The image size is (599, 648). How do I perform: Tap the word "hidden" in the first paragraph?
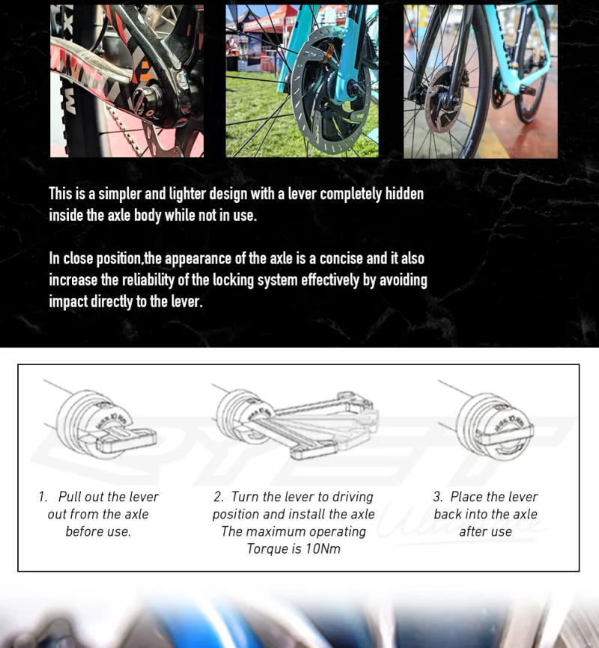coord(404,195)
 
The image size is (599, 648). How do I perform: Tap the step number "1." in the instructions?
coord(44,497)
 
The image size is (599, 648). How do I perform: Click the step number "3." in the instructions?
coord(439,497)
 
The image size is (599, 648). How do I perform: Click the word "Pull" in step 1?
coord(70,497)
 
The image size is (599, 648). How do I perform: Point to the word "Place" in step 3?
coord(466,497)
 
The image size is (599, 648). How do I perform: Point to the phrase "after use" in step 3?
coord(485,532)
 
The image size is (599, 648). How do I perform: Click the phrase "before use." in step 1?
coord(98,532)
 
